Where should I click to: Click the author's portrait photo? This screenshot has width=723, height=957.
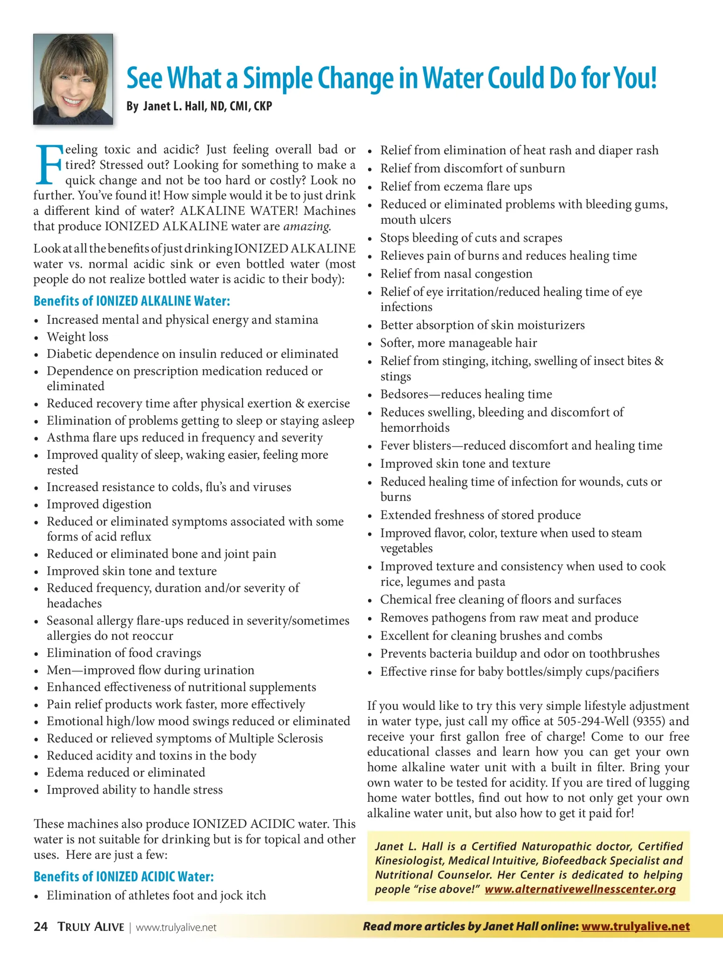[x=73, y=79]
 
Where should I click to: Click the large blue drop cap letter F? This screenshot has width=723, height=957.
[x=48, y=164]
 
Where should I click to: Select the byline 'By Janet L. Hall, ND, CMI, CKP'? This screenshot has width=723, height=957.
[x=199, y=107]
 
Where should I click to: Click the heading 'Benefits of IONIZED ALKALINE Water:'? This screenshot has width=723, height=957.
[x=132, y=301]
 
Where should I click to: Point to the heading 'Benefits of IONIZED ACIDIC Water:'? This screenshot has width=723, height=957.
[x=124, y=877]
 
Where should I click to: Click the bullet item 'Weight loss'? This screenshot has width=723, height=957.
[x=78, y=337]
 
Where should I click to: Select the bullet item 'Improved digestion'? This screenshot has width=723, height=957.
[x=99, y=504]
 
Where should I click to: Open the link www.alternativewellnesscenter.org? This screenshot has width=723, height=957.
[x=580, y=889]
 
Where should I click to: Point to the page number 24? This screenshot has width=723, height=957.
[x=41, y=927]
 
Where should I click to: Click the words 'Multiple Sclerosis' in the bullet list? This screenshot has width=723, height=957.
[x=276, y=738]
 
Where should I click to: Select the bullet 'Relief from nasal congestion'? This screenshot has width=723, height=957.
[x=456, y=273]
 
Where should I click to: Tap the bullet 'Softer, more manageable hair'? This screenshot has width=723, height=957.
[x=459, y=343]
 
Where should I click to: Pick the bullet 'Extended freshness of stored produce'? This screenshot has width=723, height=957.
[x=481, y=515]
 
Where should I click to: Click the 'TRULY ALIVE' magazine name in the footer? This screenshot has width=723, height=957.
[x=91, y=927]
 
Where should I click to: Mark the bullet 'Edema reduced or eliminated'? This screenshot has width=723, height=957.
[x=126, y=772]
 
